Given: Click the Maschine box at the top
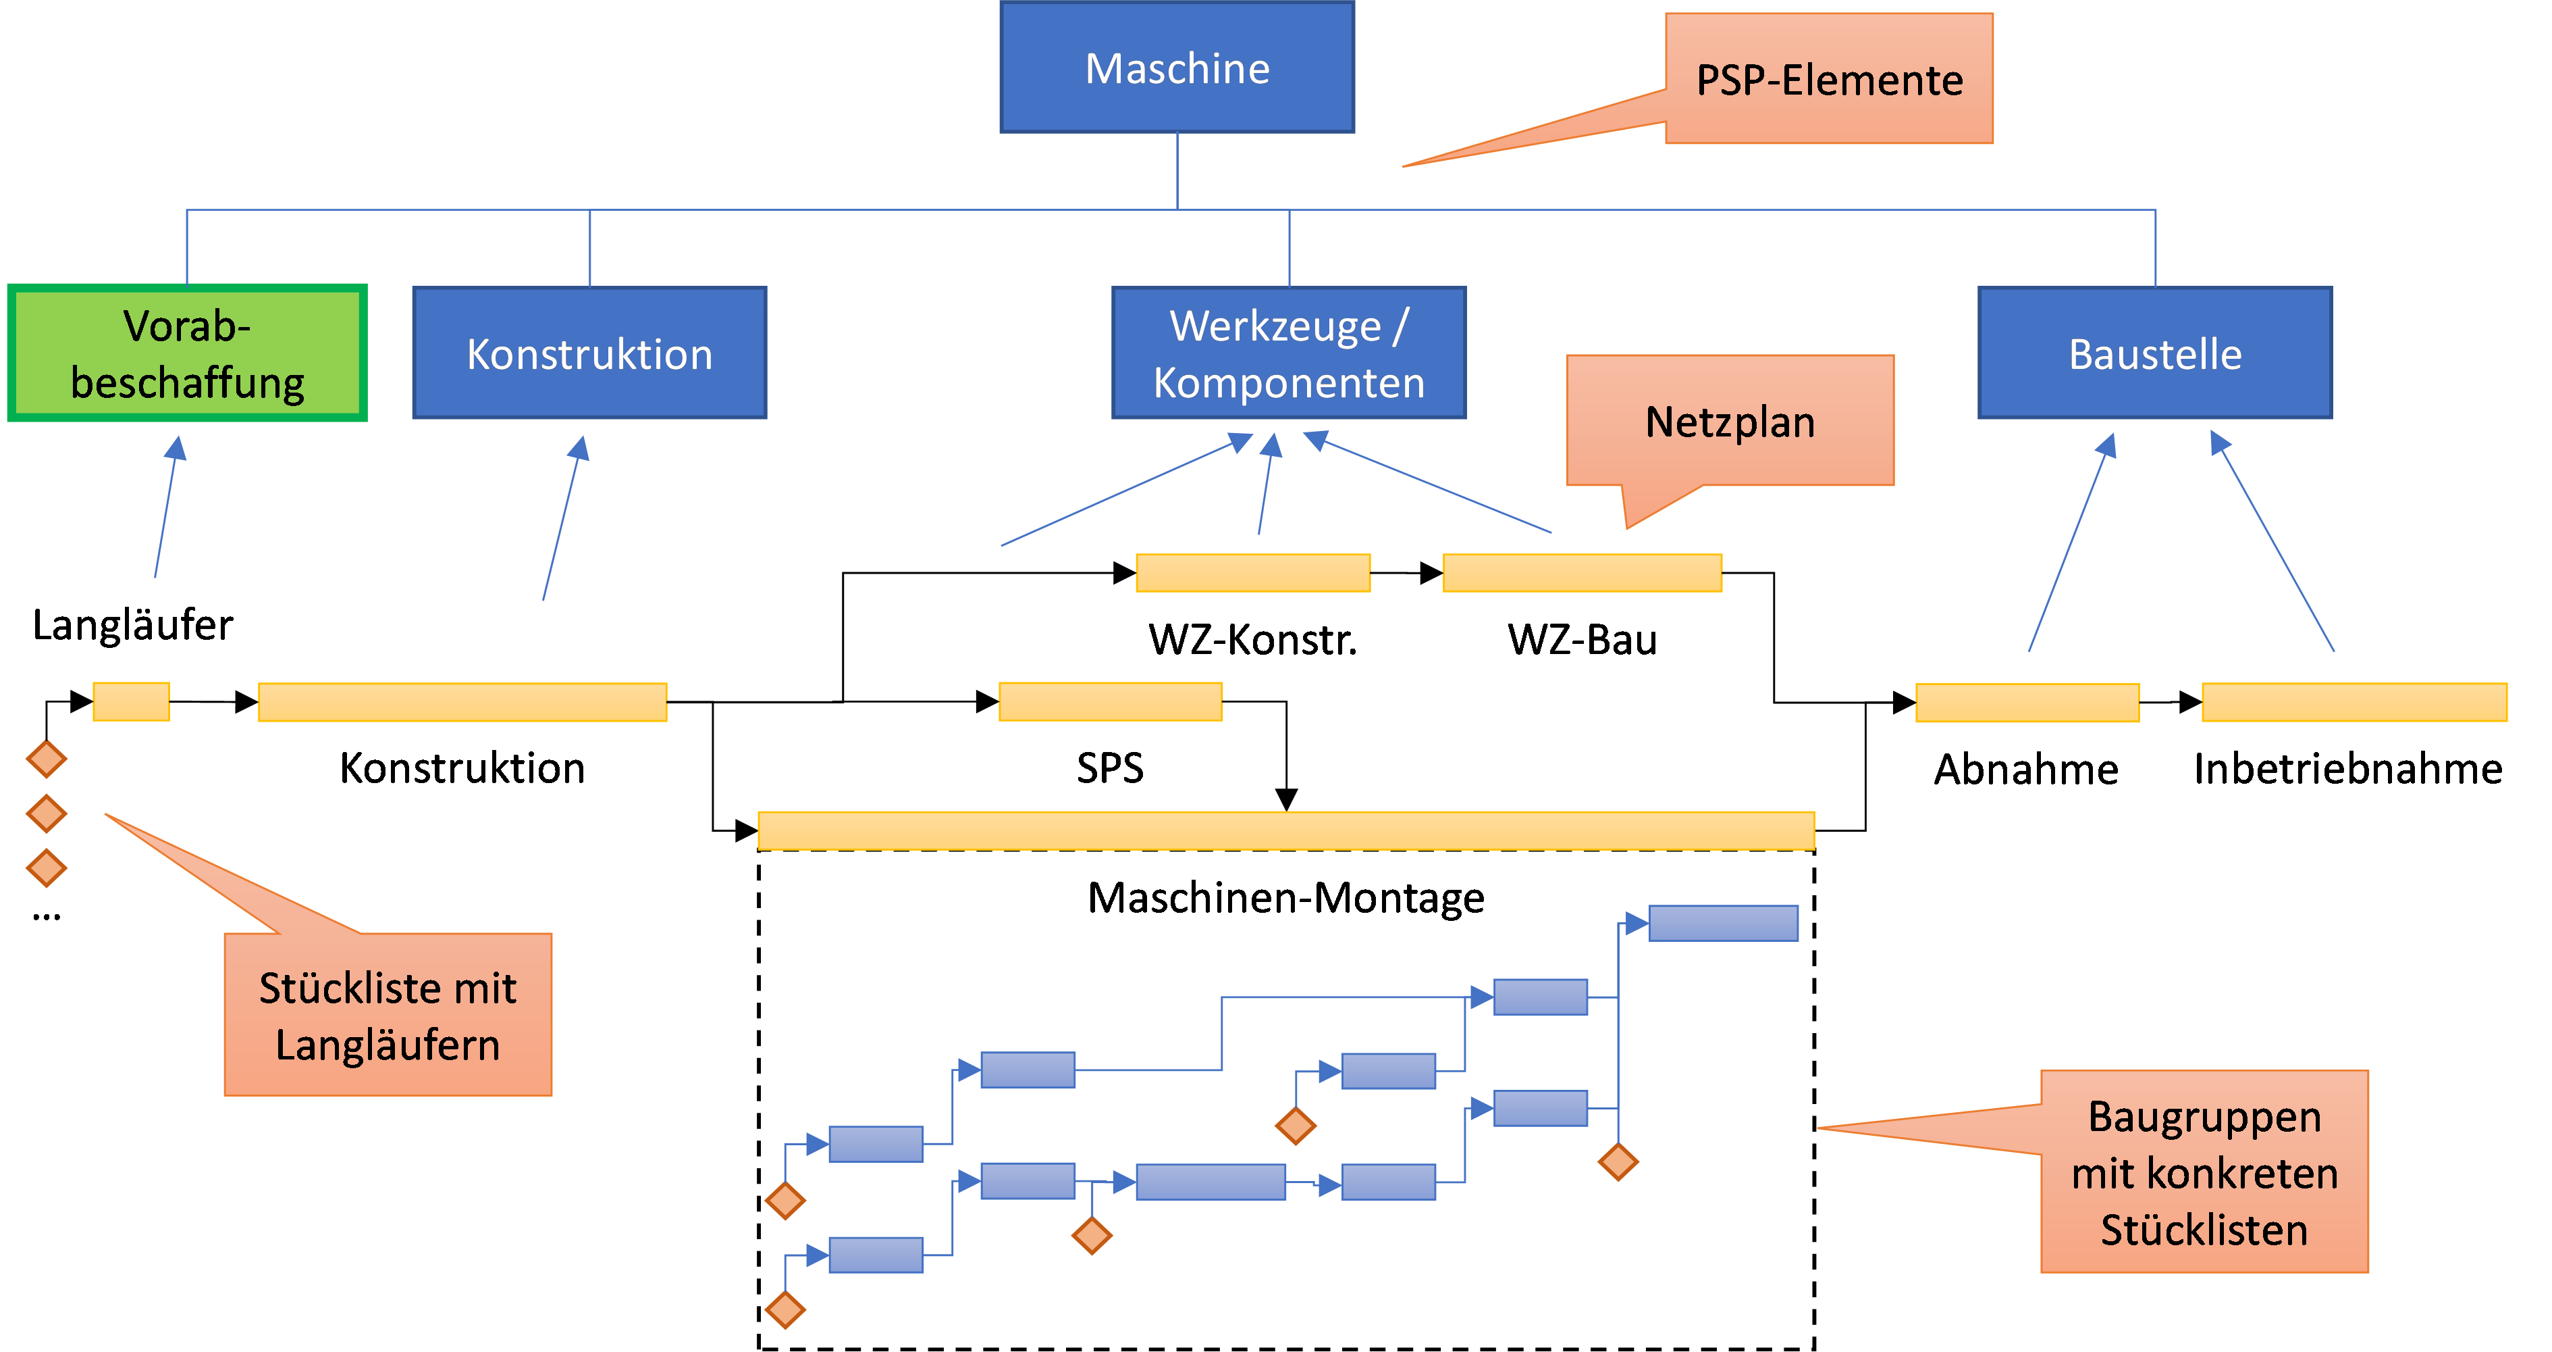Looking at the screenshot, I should [1177, 68].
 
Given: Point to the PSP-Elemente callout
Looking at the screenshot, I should [1829, 79].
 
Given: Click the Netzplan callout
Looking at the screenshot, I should [1730, 421].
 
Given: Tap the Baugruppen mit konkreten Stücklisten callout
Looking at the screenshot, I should [2204, 1172].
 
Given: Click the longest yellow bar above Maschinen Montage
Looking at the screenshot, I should [1286, 830].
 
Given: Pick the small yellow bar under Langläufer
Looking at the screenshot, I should [131, 702].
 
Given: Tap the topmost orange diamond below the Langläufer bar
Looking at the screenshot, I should [47, 759].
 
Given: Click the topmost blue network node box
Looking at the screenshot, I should [1723, 923].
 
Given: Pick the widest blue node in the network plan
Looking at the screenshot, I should [1211, 1182].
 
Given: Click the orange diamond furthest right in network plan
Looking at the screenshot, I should [1618, 1161].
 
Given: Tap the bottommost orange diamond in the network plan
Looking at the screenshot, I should [786, 1309].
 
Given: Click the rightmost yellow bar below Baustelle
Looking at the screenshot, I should [2354, 702].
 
